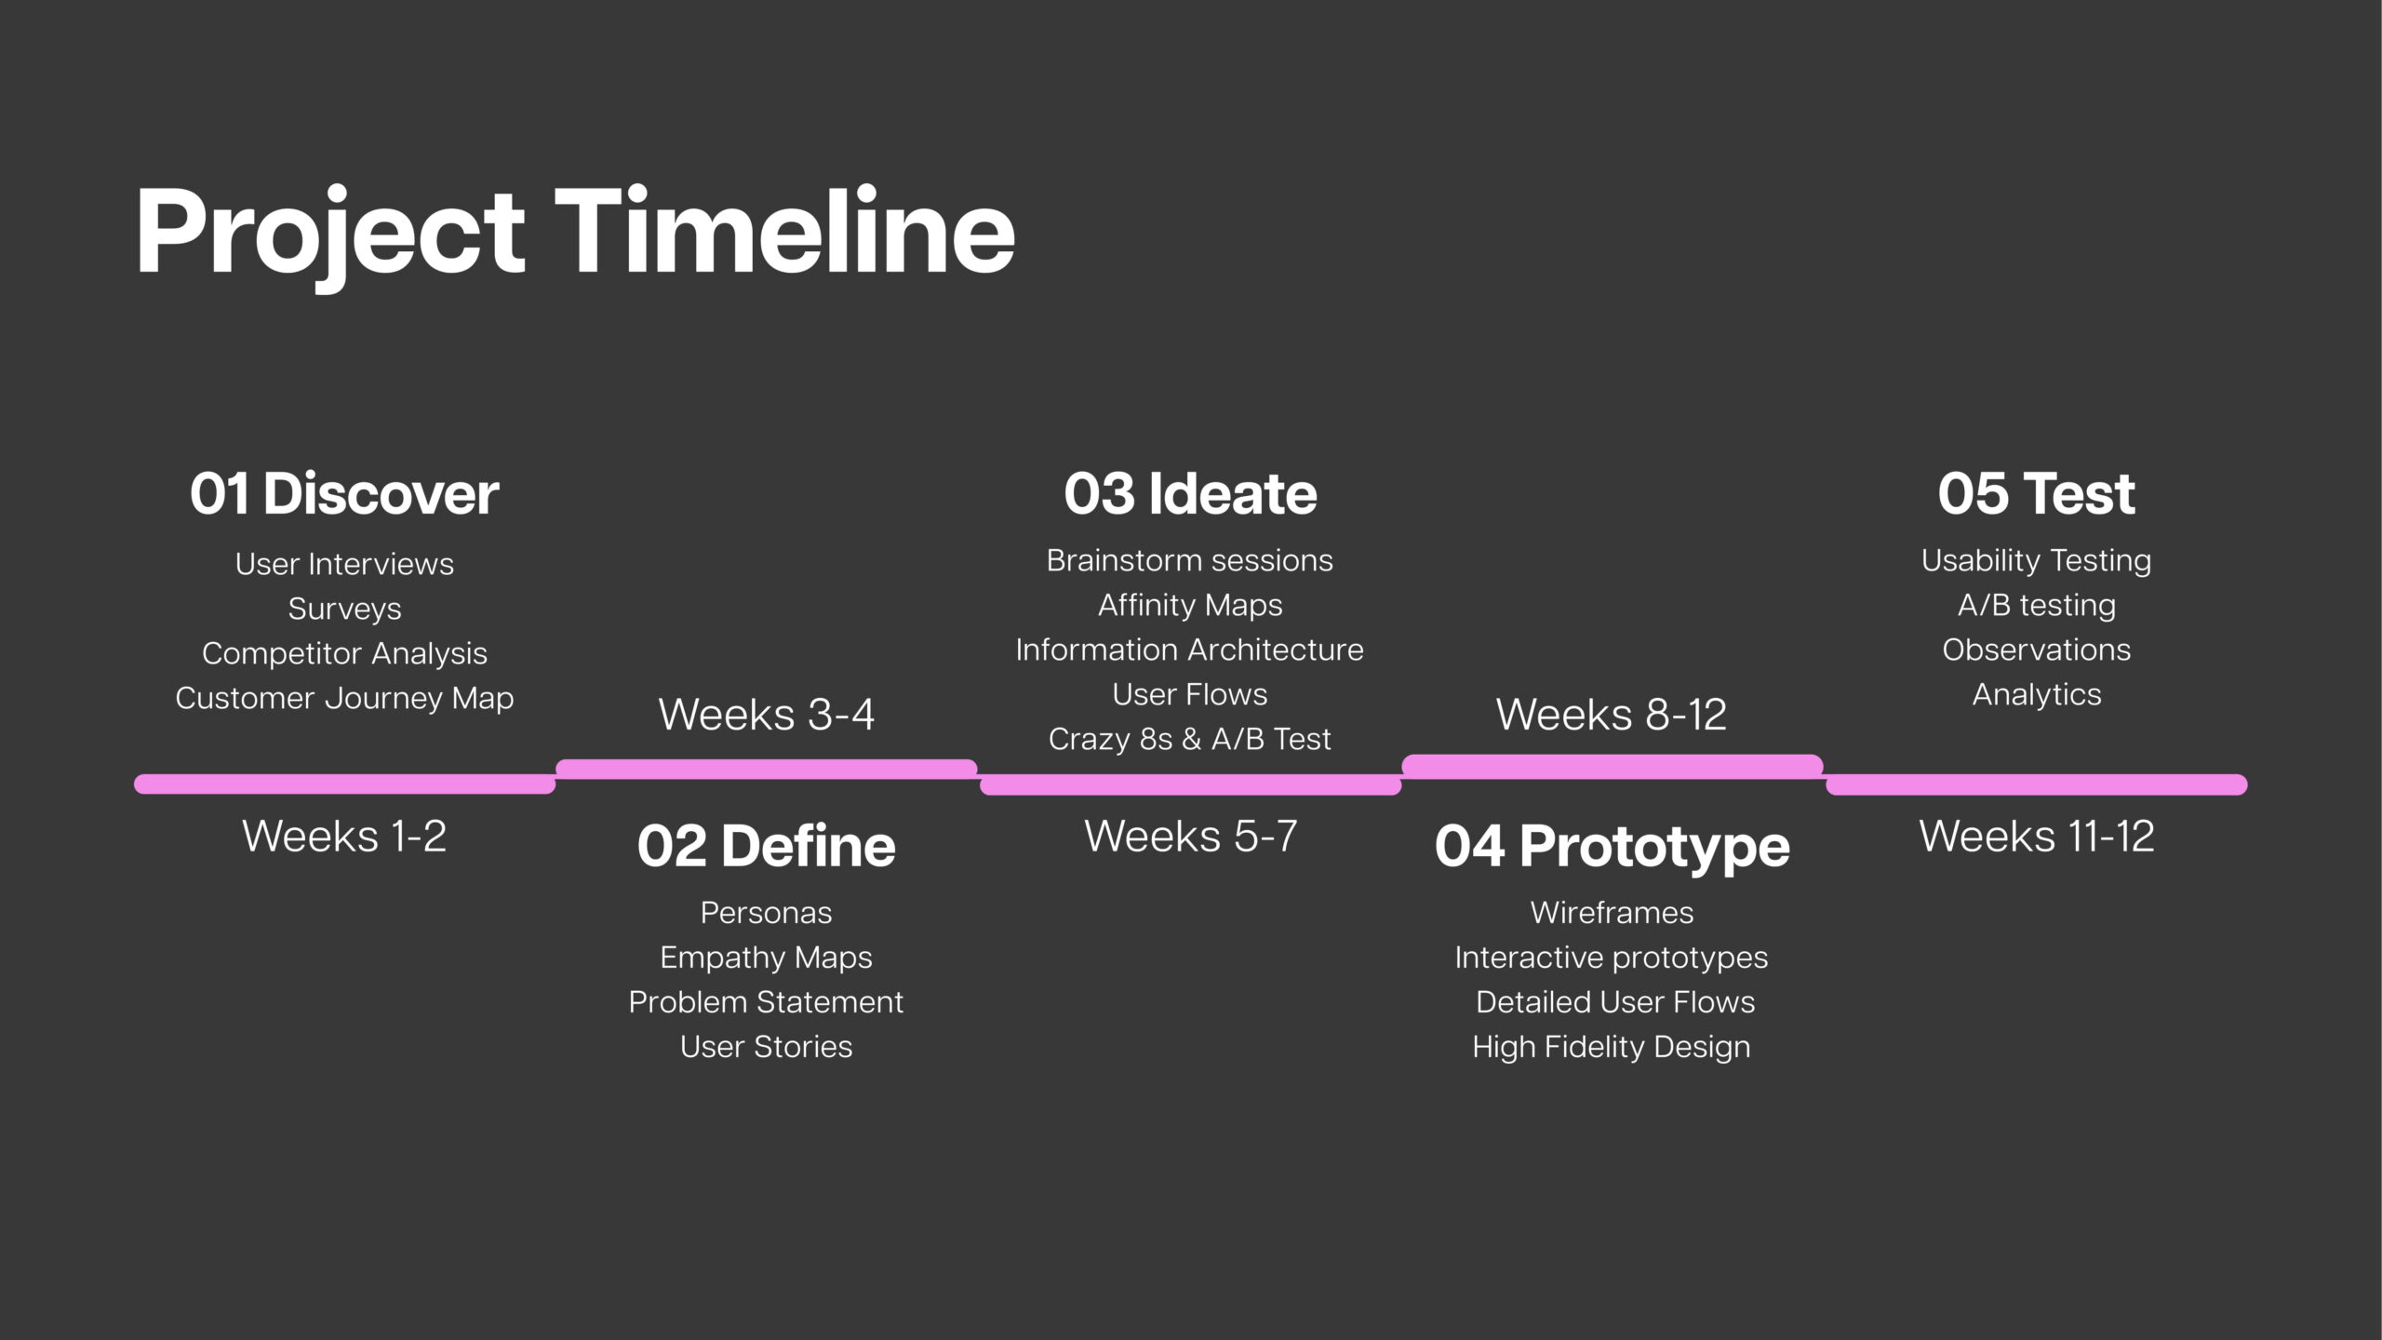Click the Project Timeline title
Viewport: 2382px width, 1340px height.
575,233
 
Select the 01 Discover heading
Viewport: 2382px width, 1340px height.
344,493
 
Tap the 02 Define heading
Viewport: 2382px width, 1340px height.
767,846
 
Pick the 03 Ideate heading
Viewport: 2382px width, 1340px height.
1190,493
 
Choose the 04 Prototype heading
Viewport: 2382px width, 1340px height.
1613,848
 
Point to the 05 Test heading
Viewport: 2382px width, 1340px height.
2036,493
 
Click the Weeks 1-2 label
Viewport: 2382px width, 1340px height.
344,836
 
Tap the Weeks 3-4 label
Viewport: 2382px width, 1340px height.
767,715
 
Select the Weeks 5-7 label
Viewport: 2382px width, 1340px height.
1190,836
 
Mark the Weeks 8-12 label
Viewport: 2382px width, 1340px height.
1612,715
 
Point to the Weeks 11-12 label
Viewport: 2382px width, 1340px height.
2037,836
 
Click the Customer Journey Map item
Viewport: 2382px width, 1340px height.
344,699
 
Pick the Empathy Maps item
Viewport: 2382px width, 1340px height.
766,958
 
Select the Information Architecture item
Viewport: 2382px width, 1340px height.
1190,650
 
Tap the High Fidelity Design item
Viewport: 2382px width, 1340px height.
1612,1048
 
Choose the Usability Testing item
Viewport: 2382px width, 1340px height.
2037,561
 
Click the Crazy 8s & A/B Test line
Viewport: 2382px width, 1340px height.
1190,739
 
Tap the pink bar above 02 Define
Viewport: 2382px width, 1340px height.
767,769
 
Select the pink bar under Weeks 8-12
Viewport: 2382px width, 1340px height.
1613,766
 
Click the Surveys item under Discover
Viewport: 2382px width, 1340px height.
344,610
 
